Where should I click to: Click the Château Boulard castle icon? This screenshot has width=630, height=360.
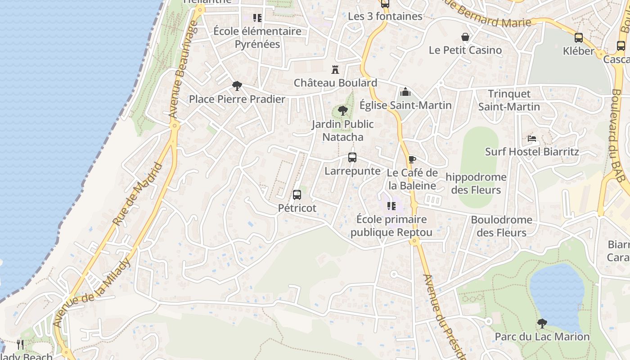tap(335, 70)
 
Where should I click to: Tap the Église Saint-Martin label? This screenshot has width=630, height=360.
tap(405, 105)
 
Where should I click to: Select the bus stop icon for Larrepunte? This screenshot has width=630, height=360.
tap(352, 157)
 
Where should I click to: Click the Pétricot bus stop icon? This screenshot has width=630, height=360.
tap(297, 195)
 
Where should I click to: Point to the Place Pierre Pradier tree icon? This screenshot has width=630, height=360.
tap(237, 86)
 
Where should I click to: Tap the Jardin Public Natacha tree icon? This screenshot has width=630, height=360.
tap(343, 110)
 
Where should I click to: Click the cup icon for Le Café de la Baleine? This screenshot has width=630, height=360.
tap(412, 159)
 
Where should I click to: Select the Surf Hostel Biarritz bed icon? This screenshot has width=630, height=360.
tap(532, 139)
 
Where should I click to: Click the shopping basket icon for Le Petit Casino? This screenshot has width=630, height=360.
tap(465, 37)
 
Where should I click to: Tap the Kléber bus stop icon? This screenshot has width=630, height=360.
tap(579, 38)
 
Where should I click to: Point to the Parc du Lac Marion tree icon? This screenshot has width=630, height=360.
tap(542, 323)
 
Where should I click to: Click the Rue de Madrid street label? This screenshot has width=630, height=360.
tap(137, 194)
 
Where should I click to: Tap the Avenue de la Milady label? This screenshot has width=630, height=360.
tap(92, 292)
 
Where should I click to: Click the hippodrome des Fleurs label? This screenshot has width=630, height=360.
tap(476, 183)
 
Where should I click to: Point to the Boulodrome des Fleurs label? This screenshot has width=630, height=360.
tap(501, 226)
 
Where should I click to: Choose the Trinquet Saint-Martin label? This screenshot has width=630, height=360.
tap(509, 100)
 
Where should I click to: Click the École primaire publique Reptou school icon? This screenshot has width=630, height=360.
tap(391, 206)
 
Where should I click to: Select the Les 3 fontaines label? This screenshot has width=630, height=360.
tap(385, 16)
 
